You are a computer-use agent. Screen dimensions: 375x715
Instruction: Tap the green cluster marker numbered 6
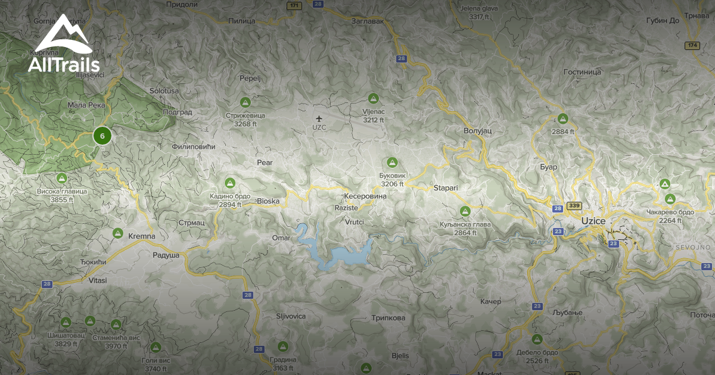(x=102, y=136)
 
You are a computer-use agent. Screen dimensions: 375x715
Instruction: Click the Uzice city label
(x=593, y=221)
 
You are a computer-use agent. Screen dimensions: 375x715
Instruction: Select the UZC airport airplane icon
(x=319, y=118)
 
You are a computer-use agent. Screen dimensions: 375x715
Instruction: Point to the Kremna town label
(x=142, y=236)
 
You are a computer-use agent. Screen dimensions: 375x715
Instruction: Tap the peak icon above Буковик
(x=392, y=162)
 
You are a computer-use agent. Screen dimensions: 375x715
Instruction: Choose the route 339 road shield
(x=574, y=205)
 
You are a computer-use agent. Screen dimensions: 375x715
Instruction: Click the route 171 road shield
(x=293, y=6)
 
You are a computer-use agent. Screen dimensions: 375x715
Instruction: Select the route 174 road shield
(x=692, y=45)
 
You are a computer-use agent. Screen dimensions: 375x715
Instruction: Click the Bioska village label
(x=268, y=201)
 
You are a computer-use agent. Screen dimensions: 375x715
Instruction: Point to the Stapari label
(x=446, y=187)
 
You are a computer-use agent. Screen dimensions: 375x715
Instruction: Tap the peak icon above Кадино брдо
(x=229, y=182)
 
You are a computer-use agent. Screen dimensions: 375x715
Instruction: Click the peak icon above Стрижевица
(x=245, y=102)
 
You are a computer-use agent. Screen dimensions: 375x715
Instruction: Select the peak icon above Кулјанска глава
(x=465, y=211)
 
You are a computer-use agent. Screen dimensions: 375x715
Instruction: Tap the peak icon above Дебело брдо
(x=537, y=339)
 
